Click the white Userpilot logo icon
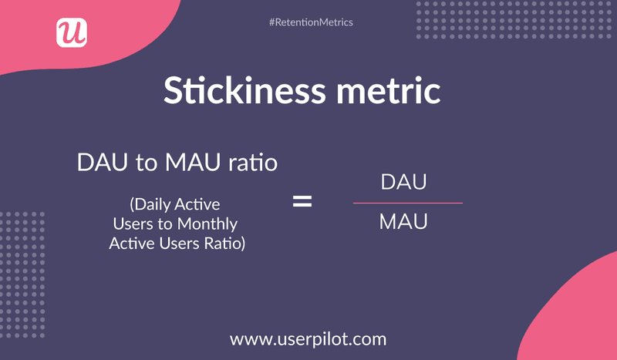pyautogui.click(x=72, y=32)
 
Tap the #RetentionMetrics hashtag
pyautogui.click(x=311, y=22)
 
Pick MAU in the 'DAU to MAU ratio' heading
pyautogui.click(x=194, y=163)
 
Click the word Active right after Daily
pyautogui.click(x=198, y=205)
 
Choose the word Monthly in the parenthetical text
pyautogui.click(x=210, y=224)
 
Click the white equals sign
pyautogui.click(x=302, y=203)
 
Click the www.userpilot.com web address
pyautogui.click(x=308, y=338)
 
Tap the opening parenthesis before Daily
pyautogui.click(x=133, y=206)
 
